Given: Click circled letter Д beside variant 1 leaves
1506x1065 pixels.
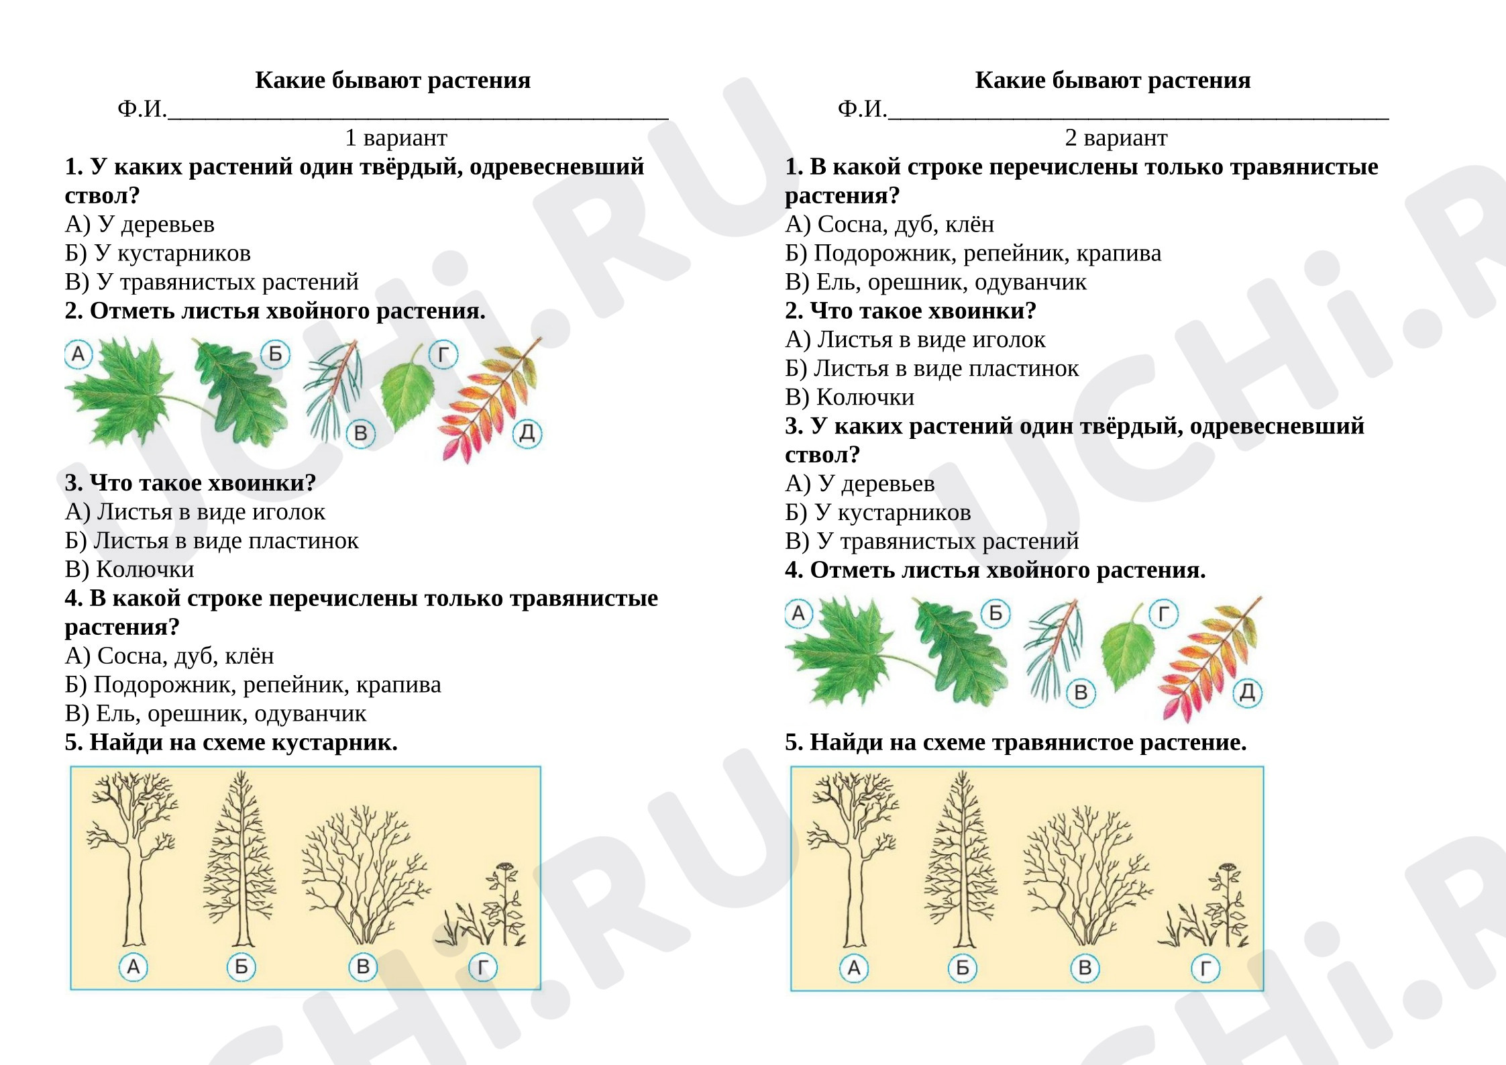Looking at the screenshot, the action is [527, 433].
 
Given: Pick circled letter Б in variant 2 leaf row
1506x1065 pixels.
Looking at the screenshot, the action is [996, 613].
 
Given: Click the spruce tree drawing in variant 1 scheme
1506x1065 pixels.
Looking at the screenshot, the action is [239, 859].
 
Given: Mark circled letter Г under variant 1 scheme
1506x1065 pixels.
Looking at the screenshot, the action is [483, 967].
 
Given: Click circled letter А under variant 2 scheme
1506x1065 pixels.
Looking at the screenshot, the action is [854, 968].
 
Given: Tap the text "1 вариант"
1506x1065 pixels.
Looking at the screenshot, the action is [396, 138].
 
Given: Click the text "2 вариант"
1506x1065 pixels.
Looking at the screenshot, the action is [1116, 138].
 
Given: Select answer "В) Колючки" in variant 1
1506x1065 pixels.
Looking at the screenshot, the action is [129, 569].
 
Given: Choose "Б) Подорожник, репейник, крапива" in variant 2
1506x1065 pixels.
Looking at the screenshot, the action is [973, 253].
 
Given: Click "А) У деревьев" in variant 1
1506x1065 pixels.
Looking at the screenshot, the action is [140, 224].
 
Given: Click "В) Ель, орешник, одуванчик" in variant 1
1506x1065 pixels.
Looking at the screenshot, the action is [216, 713].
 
